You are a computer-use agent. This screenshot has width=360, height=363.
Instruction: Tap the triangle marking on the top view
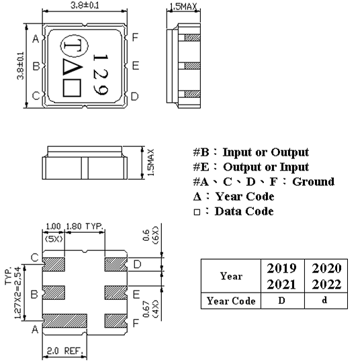click(x=70, y=67)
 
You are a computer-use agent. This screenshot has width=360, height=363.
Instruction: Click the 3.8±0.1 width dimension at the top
click(x=83, y=5)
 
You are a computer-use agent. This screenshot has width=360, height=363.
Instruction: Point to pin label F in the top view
click(x=135, y=38)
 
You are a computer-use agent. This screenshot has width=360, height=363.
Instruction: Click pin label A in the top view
click(x=34, y=38)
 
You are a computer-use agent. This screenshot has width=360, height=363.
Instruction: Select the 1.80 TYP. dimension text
click(x=85, y=227)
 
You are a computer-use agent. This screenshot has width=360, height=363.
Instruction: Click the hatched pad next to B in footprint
click(x=54, y=294)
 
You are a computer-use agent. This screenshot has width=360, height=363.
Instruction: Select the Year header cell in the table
click(x=230, y=275)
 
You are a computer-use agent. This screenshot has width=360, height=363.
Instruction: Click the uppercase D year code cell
click(x=281, y=301)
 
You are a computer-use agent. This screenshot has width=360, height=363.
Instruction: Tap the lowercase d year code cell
click(x=324, y=301)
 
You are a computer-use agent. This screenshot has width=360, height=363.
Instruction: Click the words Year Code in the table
click(x=230, y=301)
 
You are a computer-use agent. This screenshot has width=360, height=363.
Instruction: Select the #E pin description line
click(x=251, y=167)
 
